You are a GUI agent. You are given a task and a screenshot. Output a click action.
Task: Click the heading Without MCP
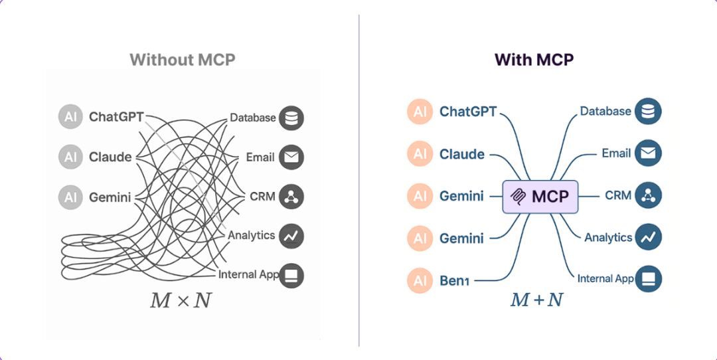point(182,60)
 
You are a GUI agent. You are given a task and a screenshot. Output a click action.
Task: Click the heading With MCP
point(534,60)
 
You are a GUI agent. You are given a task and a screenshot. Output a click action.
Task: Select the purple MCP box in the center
point(540,197)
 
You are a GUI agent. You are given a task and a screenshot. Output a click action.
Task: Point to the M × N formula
point(181,300)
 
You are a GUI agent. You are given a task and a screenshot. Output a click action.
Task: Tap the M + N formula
point(536,300)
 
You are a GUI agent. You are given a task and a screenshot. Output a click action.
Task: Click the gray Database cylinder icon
point(291,118)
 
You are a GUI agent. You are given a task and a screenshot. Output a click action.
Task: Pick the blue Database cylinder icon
point(648,112)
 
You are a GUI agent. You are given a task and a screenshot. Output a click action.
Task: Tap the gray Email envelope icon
point(291,157)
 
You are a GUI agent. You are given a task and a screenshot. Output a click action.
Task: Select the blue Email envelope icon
point(648,153)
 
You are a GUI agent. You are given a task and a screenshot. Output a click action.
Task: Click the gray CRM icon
point(291,197)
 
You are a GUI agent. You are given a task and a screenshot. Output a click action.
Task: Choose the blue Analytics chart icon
point(648,236)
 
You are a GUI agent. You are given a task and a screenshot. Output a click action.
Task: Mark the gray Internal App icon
point(291,275)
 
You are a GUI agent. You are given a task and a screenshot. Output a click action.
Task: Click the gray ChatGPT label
point(116,118)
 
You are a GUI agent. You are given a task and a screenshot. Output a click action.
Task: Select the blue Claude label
point(462,154)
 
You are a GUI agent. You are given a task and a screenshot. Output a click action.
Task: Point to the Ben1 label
point(455,280)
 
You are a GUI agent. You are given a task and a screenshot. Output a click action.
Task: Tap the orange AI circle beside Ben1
point(420,280)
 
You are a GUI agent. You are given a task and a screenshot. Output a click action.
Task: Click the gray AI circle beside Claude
point(70,157)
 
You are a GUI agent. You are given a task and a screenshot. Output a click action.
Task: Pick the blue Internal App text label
point(605,278)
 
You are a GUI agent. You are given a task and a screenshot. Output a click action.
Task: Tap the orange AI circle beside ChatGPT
point(420,112)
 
